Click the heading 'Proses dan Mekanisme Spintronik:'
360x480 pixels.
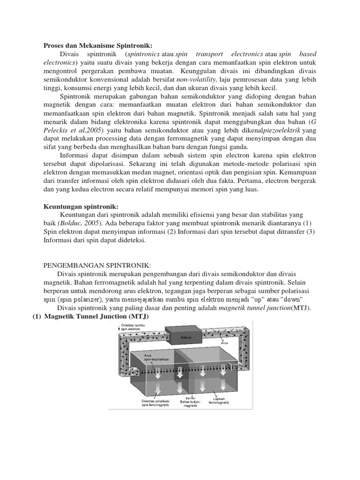tap(98, 46)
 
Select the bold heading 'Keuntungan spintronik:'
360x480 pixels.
tap(82, 206)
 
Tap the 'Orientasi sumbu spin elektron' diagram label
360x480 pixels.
tap(134, 327)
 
